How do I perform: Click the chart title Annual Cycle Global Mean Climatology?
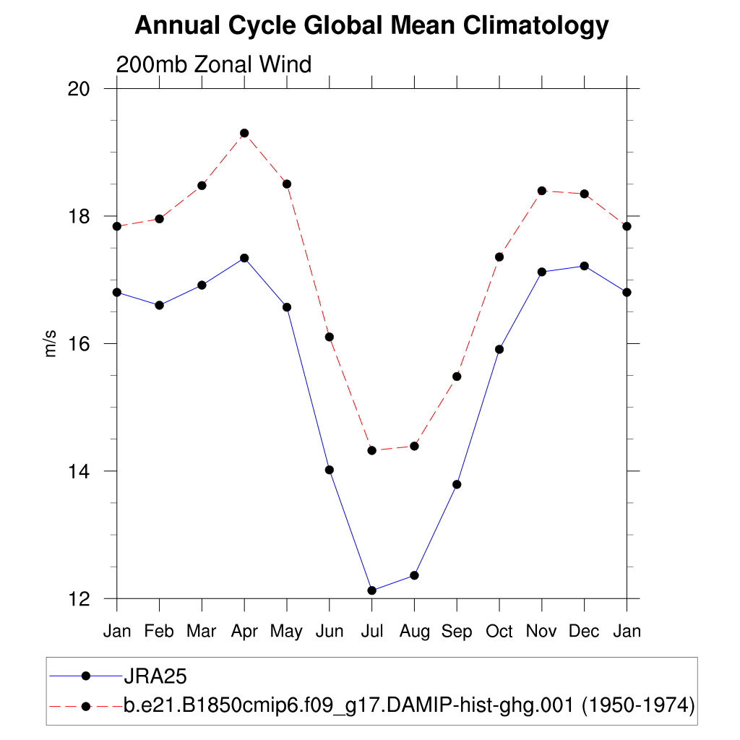(371, 26)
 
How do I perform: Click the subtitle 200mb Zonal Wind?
(214, 64)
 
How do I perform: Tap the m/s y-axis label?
(51, 343)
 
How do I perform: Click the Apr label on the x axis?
(244, 631)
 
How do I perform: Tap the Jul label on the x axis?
(371, 631)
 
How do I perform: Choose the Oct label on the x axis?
(499, 631)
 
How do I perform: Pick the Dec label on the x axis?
(584, 631)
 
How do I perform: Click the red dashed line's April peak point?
(244, 133)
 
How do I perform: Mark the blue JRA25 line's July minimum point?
(372, 590)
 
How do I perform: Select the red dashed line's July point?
(372, 450)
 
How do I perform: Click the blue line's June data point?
(330, 470)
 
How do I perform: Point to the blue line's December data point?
(584, 266)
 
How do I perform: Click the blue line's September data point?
(457, 484)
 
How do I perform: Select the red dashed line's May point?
(287, 184)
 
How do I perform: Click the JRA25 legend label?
(156, 676)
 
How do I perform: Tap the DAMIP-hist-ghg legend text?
(409, 705)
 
